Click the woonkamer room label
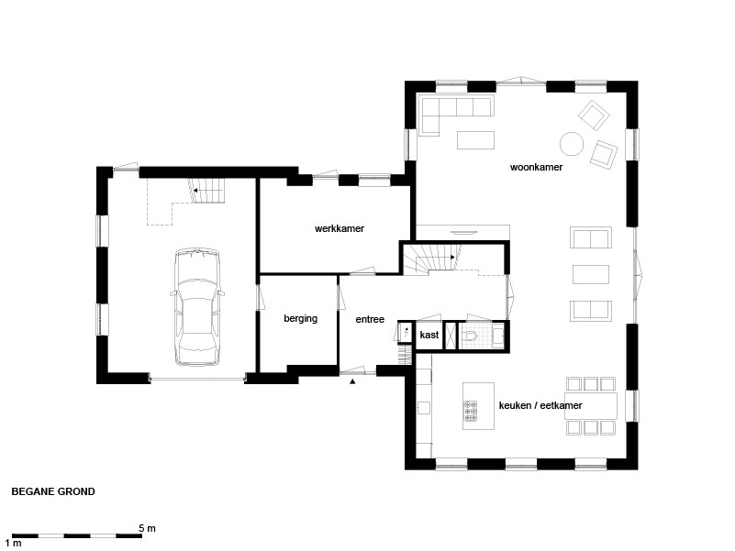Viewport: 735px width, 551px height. (536, 167)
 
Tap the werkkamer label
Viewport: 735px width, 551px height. (340, 228)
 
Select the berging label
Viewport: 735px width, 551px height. (300, 319)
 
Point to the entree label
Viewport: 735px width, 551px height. (370, 320)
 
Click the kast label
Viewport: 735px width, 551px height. (429, 335)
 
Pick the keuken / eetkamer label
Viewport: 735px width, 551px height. (540, 405)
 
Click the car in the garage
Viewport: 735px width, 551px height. (197, 307)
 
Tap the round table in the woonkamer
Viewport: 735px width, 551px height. (572, 143)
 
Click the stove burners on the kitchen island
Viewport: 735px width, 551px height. (470, 411)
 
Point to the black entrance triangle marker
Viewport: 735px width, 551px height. (352, 381)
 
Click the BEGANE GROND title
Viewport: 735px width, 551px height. (53, 491)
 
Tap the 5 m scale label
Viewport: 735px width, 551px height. (147, 528)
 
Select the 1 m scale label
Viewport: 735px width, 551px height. (13, 543)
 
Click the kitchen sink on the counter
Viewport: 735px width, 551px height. (424, 408)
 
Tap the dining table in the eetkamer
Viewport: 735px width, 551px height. (591, 406)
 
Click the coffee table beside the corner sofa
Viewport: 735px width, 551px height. (476, 140)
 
